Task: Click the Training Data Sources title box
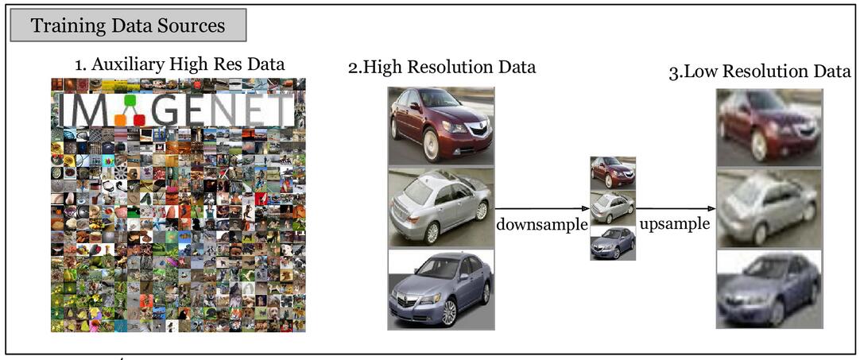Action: [x=128, y=25]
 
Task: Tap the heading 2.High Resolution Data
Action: [x=442, y=67]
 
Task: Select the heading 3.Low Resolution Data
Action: [x=760, y=72]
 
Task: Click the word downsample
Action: [x=542, y=224]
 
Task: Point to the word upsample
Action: [x=675, y=223]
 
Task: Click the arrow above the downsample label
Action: [x=541, y=209]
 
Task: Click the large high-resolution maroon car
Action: [x=440, y=126]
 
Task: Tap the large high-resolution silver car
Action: [x=440, y=207]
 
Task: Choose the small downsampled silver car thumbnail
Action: [x=613, y=207]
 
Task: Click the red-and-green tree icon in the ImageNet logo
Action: [x=128, y=112]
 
